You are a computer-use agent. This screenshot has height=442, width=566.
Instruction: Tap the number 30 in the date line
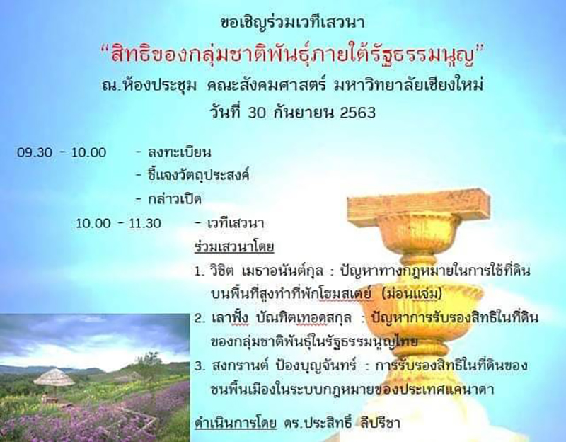257,113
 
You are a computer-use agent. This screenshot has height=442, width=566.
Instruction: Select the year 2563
358,113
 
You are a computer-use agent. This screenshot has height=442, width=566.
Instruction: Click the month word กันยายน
303,112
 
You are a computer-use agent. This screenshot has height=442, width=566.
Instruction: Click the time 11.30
145,223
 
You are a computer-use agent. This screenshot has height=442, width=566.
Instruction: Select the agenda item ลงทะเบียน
180,152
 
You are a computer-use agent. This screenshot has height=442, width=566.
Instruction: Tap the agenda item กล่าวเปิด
174,199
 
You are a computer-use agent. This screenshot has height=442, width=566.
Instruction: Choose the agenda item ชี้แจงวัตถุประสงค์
199,175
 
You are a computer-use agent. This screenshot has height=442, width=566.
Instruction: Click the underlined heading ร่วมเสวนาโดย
234,246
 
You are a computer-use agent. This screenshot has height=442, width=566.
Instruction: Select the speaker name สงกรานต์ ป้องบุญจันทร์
284,365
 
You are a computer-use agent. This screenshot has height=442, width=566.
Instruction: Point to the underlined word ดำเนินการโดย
236,422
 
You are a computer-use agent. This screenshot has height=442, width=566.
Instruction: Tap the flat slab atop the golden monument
419,204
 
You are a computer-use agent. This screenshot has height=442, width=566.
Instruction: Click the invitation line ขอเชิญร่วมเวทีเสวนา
292,22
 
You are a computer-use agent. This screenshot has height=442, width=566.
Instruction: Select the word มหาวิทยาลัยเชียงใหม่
409,85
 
